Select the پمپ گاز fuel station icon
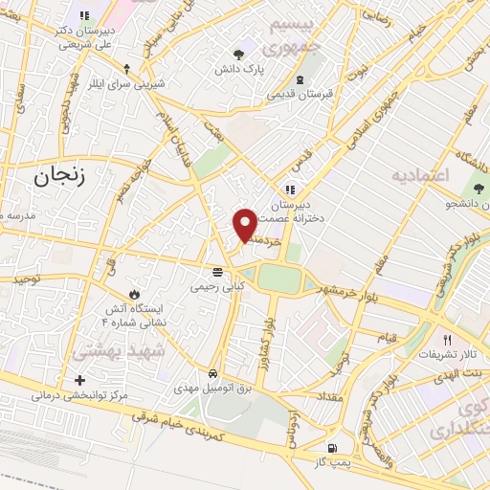[x=331, y=448]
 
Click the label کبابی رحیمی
[x=218, y=285]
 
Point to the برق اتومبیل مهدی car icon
[x=212, y=373]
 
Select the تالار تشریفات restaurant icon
[x=446, y=340]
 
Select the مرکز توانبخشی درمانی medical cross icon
[x=79, y=381]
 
